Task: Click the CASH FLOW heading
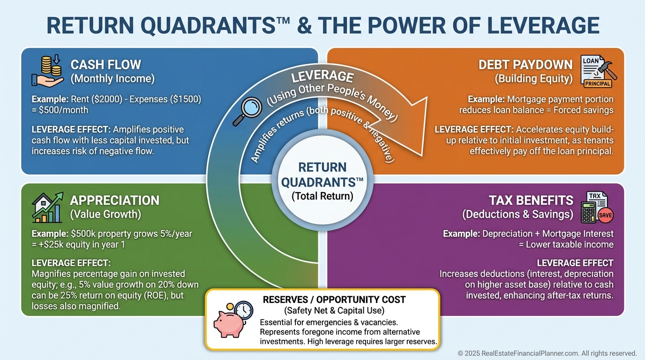pos(105,64)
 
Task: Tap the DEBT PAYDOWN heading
pos(525,64)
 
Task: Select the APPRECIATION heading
pos(114,201)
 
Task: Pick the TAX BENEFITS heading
pos(531,201)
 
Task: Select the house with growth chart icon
pos(47,207)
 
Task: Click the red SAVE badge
pos(605,215)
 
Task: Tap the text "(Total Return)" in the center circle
pos(322,196)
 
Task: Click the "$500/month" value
pos(60,110)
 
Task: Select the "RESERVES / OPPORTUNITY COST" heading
pos(334,300)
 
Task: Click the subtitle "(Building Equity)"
pos(533,79)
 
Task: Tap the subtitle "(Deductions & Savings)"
pos(517,215)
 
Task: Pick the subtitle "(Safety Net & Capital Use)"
pos(334,310)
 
